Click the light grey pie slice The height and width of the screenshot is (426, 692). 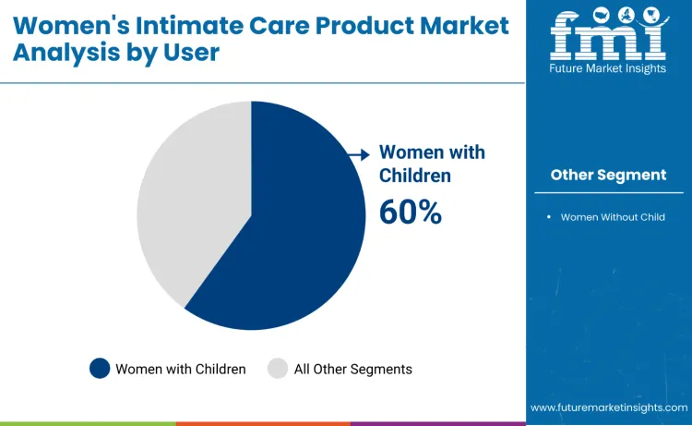(189, 203)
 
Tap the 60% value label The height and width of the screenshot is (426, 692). (411, 212)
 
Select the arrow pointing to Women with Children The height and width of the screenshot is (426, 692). (358, 157)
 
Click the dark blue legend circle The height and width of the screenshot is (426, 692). (100, 369)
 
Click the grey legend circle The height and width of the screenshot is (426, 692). (278, 369)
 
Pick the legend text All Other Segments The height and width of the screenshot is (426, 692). (352, 369)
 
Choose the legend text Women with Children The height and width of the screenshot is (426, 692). (180, 369)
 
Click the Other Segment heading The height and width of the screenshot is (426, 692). (608, 175)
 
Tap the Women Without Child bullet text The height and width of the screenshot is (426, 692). (613, 217)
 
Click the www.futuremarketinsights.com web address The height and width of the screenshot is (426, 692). (608, 407)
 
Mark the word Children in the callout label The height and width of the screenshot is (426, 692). (415, 176)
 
